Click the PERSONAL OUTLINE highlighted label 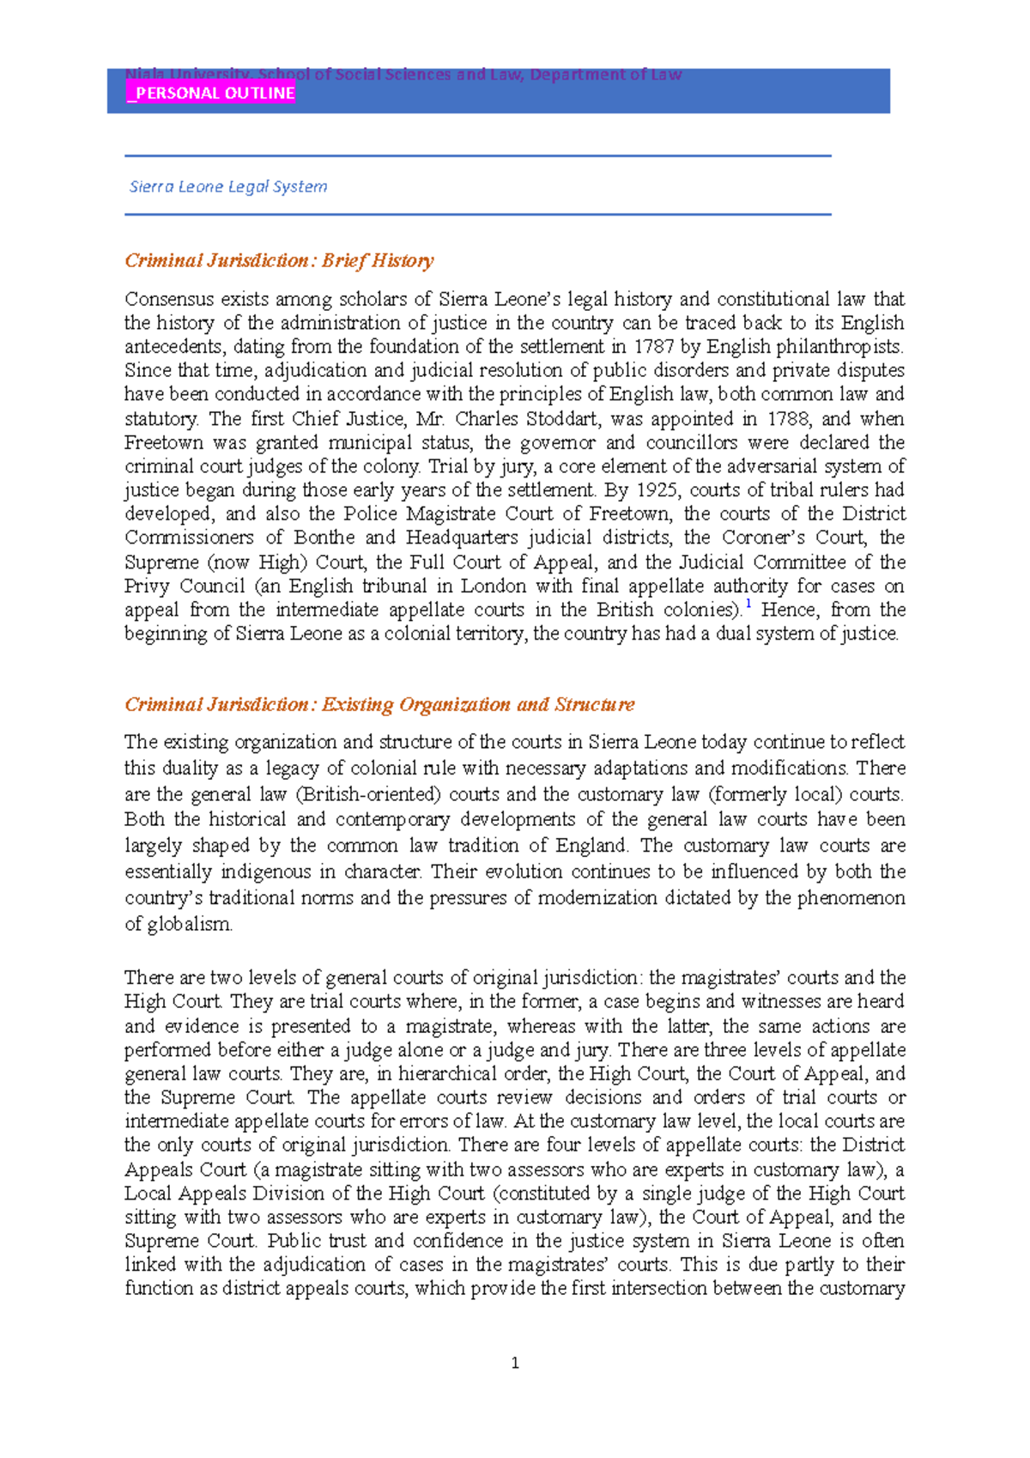pyautogui.click(x=211, y=94)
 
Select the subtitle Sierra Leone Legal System pyautogui.click(x=228, y=186)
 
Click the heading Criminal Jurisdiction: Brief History pyautogui.click(x=279, y=260)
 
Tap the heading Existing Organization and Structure pyautogui.click(x=478, y=705)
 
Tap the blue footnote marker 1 pyautogui.click(x=748, y=605)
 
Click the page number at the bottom pyautogui.click(x=515, y=1363)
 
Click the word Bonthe pyautogui.click(x=324, y=538)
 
